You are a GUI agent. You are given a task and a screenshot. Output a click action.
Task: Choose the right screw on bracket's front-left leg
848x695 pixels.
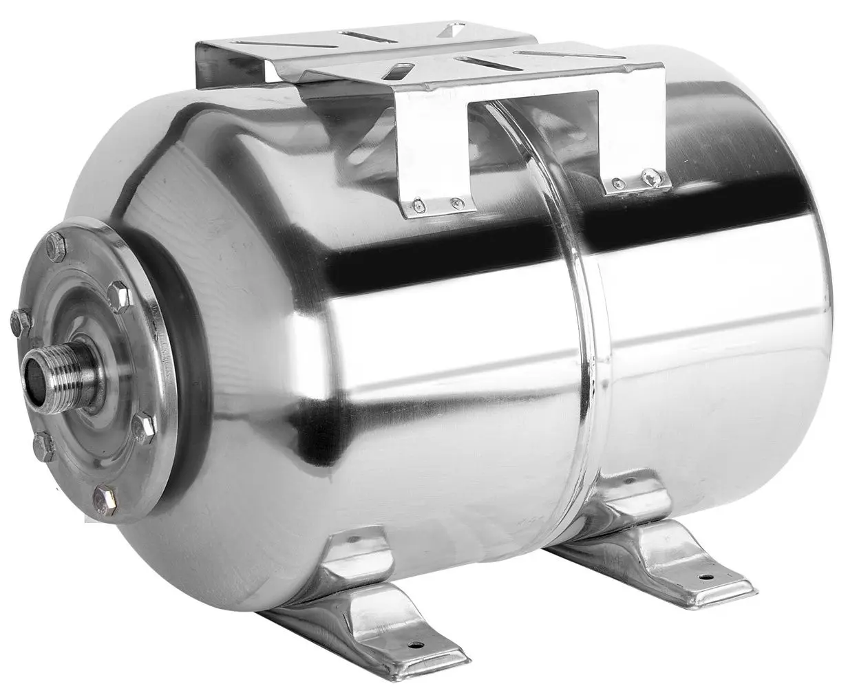(x=454, y=203)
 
